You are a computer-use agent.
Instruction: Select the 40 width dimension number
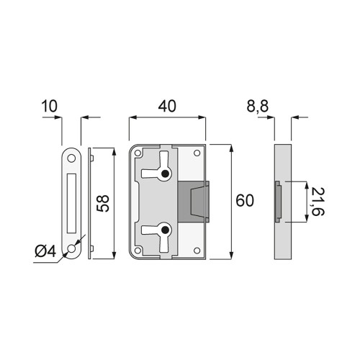click(x=167, y=107)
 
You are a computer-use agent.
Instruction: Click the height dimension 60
click(x=245, y=201)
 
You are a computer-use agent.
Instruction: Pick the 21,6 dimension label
click(x=317, y=201)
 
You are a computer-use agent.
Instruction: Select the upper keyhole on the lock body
click(x=166, y=174)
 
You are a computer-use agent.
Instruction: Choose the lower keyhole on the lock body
click(x=166, y=230)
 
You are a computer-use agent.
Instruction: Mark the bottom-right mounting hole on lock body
click(x=197, y=251)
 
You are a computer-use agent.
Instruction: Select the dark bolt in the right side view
click(x=278, y=202)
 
